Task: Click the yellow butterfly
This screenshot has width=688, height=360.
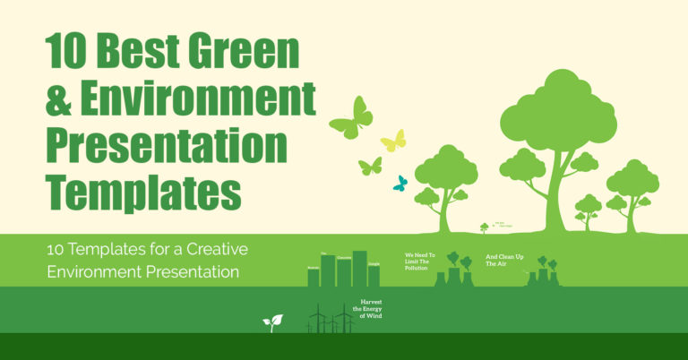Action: [x=393, y=141]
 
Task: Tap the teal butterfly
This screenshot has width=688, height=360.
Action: [x=400, y=184]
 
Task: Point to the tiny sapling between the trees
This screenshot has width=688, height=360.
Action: [x=485, y=227]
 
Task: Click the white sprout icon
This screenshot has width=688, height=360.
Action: [x=272, y=322]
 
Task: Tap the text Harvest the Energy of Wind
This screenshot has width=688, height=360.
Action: [x=371, y=309]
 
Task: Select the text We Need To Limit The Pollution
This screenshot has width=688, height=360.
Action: [x=420, y=261]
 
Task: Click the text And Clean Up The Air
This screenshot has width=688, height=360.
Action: [x=503, y=261]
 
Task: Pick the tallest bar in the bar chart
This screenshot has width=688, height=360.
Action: [x=360, y=268]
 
